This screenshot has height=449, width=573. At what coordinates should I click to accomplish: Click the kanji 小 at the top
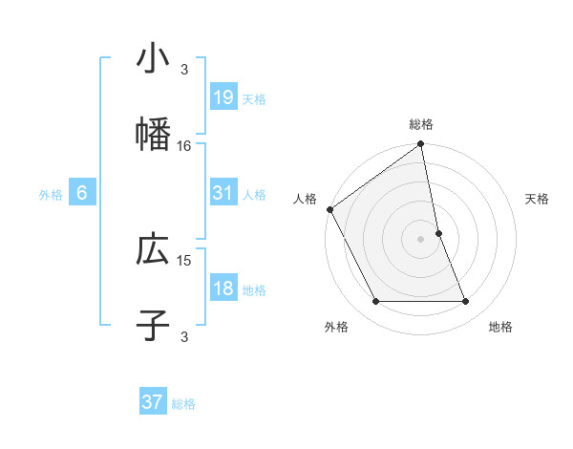pyautogui.click(x=153, y=58)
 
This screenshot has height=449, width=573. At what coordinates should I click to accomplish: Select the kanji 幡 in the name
pyautogui.click(x=153, y=135)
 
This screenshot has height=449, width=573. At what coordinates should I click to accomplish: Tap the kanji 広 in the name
pyautogui.click(x=153, y=249)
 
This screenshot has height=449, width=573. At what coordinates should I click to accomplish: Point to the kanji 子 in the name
pyautogui.click(x=153, y=326)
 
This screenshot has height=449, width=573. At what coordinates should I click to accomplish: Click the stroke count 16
pyautogui.click(x=184, y=146)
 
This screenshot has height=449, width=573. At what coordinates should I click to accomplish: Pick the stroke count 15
pyautogui.click(x=184, y=260)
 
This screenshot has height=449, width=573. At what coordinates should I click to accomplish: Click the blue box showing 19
pyautogui.click(x=223, y=97)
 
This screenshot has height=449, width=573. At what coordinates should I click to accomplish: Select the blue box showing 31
pyautogui.click(x=223, y=193)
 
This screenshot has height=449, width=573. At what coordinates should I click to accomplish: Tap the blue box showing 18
pyautogui.click(x=223, y=289)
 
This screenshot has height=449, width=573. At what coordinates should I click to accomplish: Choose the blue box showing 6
pyautogui.click(x=82, y=193)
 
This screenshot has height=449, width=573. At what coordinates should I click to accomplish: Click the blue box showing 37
pyautogui.click(x=153, y=402)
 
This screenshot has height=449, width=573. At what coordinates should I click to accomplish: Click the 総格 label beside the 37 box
pyautogui.click(x=184, y=404)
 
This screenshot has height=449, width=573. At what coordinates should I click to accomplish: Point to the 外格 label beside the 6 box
pyautogui.click(x=51, y=194)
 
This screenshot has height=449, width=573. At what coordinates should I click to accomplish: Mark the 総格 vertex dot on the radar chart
pyautogui.click(x=420, y=145)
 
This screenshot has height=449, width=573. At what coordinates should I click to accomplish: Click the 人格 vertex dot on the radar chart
pyautogui.click(x=329, y=209)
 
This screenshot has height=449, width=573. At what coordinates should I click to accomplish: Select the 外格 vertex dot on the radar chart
pyautogui.click(x=375, y=302)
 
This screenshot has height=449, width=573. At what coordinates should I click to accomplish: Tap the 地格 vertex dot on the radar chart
pyautogui.click(x=466, y=302)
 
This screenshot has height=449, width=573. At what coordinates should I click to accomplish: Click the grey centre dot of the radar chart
pyautogui.click(x=420, y=239)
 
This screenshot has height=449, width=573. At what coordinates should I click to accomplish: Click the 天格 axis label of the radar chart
pyautogui.click(x=538, y=199)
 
